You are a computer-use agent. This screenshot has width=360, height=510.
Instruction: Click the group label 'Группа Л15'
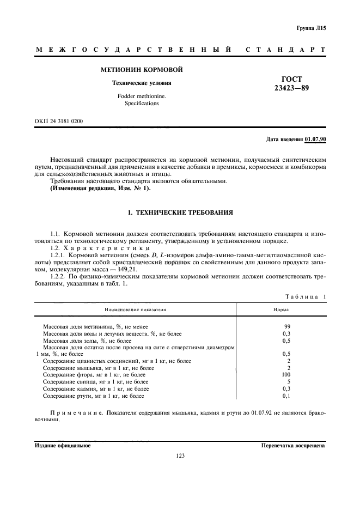(x=311, y=27)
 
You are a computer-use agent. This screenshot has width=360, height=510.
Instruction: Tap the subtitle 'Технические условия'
(x=142, y=83)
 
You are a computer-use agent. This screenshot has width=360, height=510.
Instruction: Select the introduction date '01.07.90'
(x=315, y=139)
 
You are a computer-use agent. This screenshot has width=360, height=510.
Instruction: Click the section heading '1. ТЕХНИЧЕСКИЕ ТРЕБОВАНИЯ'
(x=180, y=211)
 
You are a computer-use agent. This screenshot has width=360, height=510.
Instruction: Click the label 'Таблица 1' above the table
(x=305, y=296)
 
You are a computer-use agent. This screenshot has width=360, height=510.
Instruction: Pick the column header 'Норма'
(x=281, y=309)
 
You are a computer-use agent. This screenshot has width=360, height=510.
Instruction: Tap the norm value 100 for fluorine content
(x=286, y=375)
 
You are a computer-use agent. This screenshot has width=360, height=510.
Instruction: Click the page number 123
(x=181, y=456)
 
